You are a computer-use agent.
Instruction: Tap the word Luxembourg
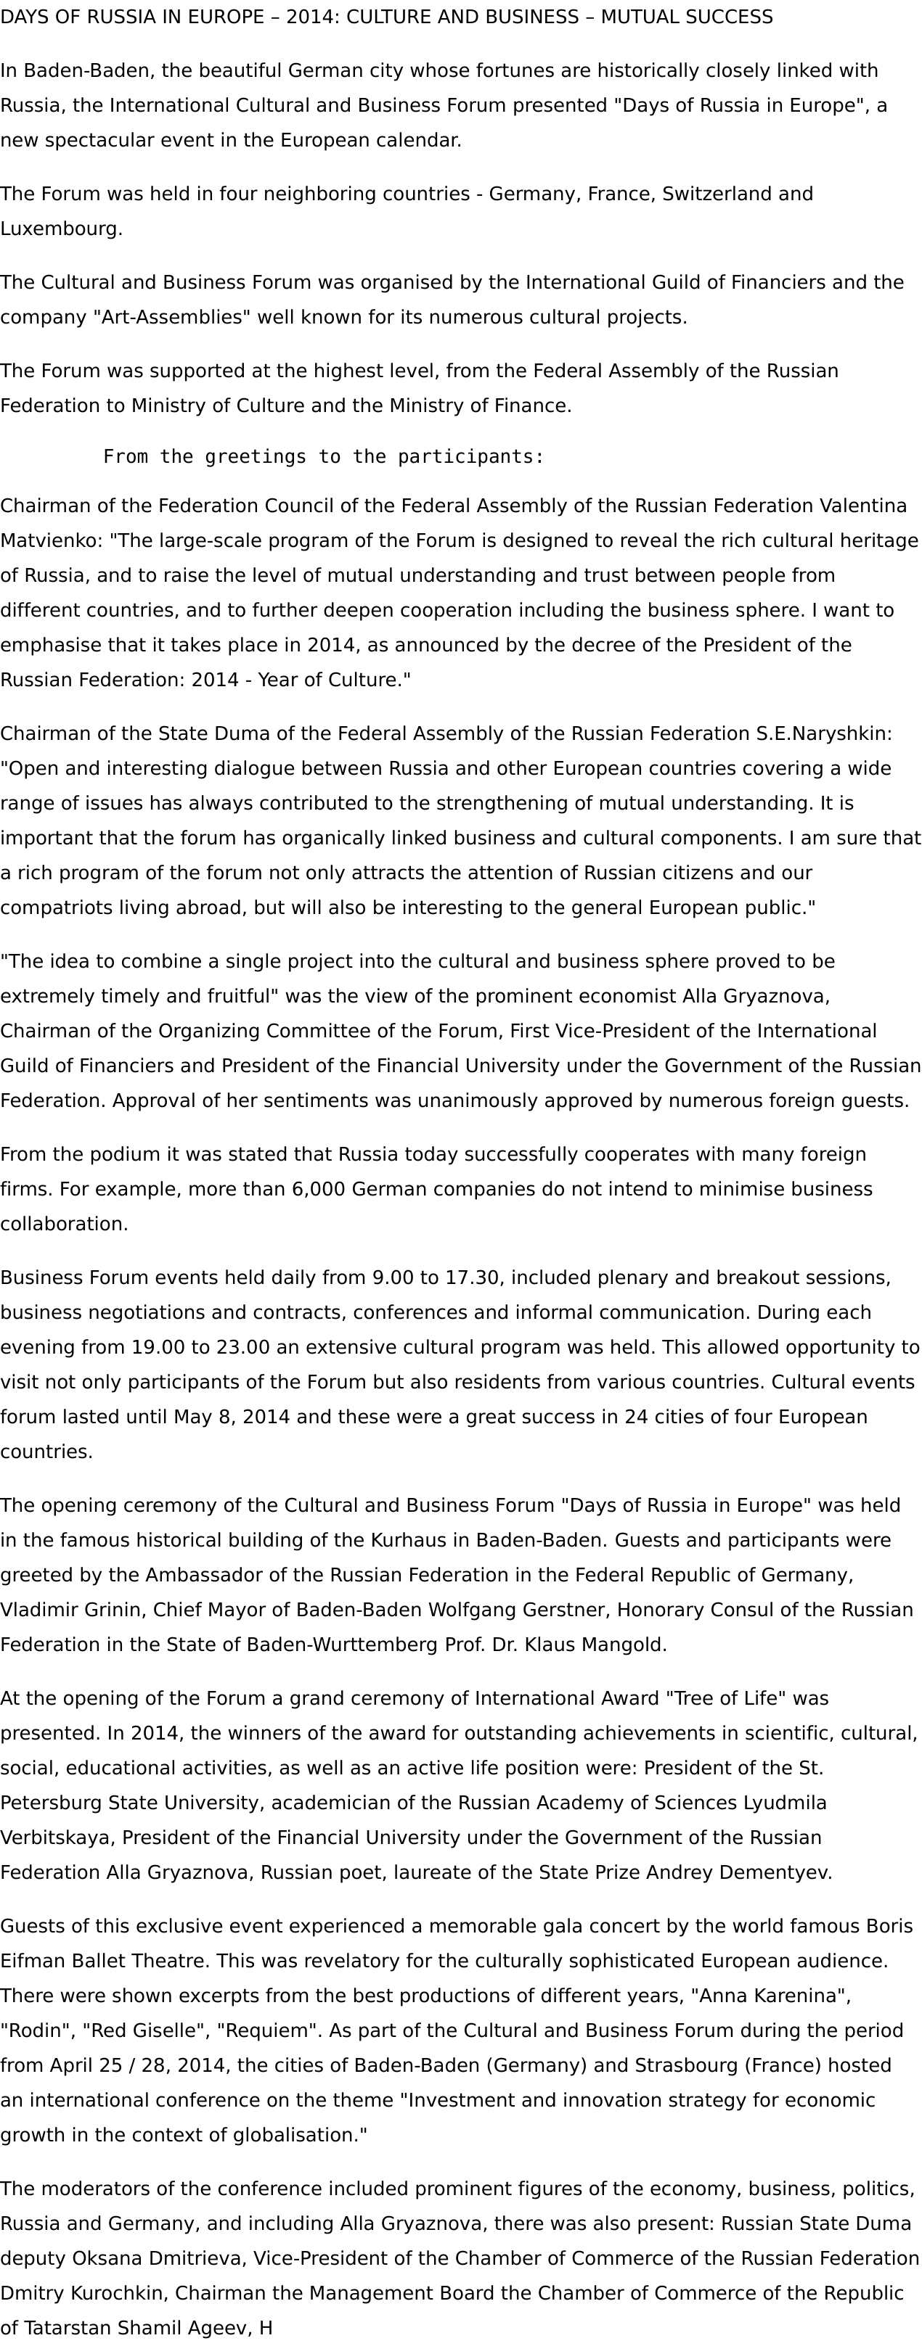click(x=60, y=229)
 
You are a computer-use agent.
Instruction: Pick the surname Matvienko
click(x=51, y=540)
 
